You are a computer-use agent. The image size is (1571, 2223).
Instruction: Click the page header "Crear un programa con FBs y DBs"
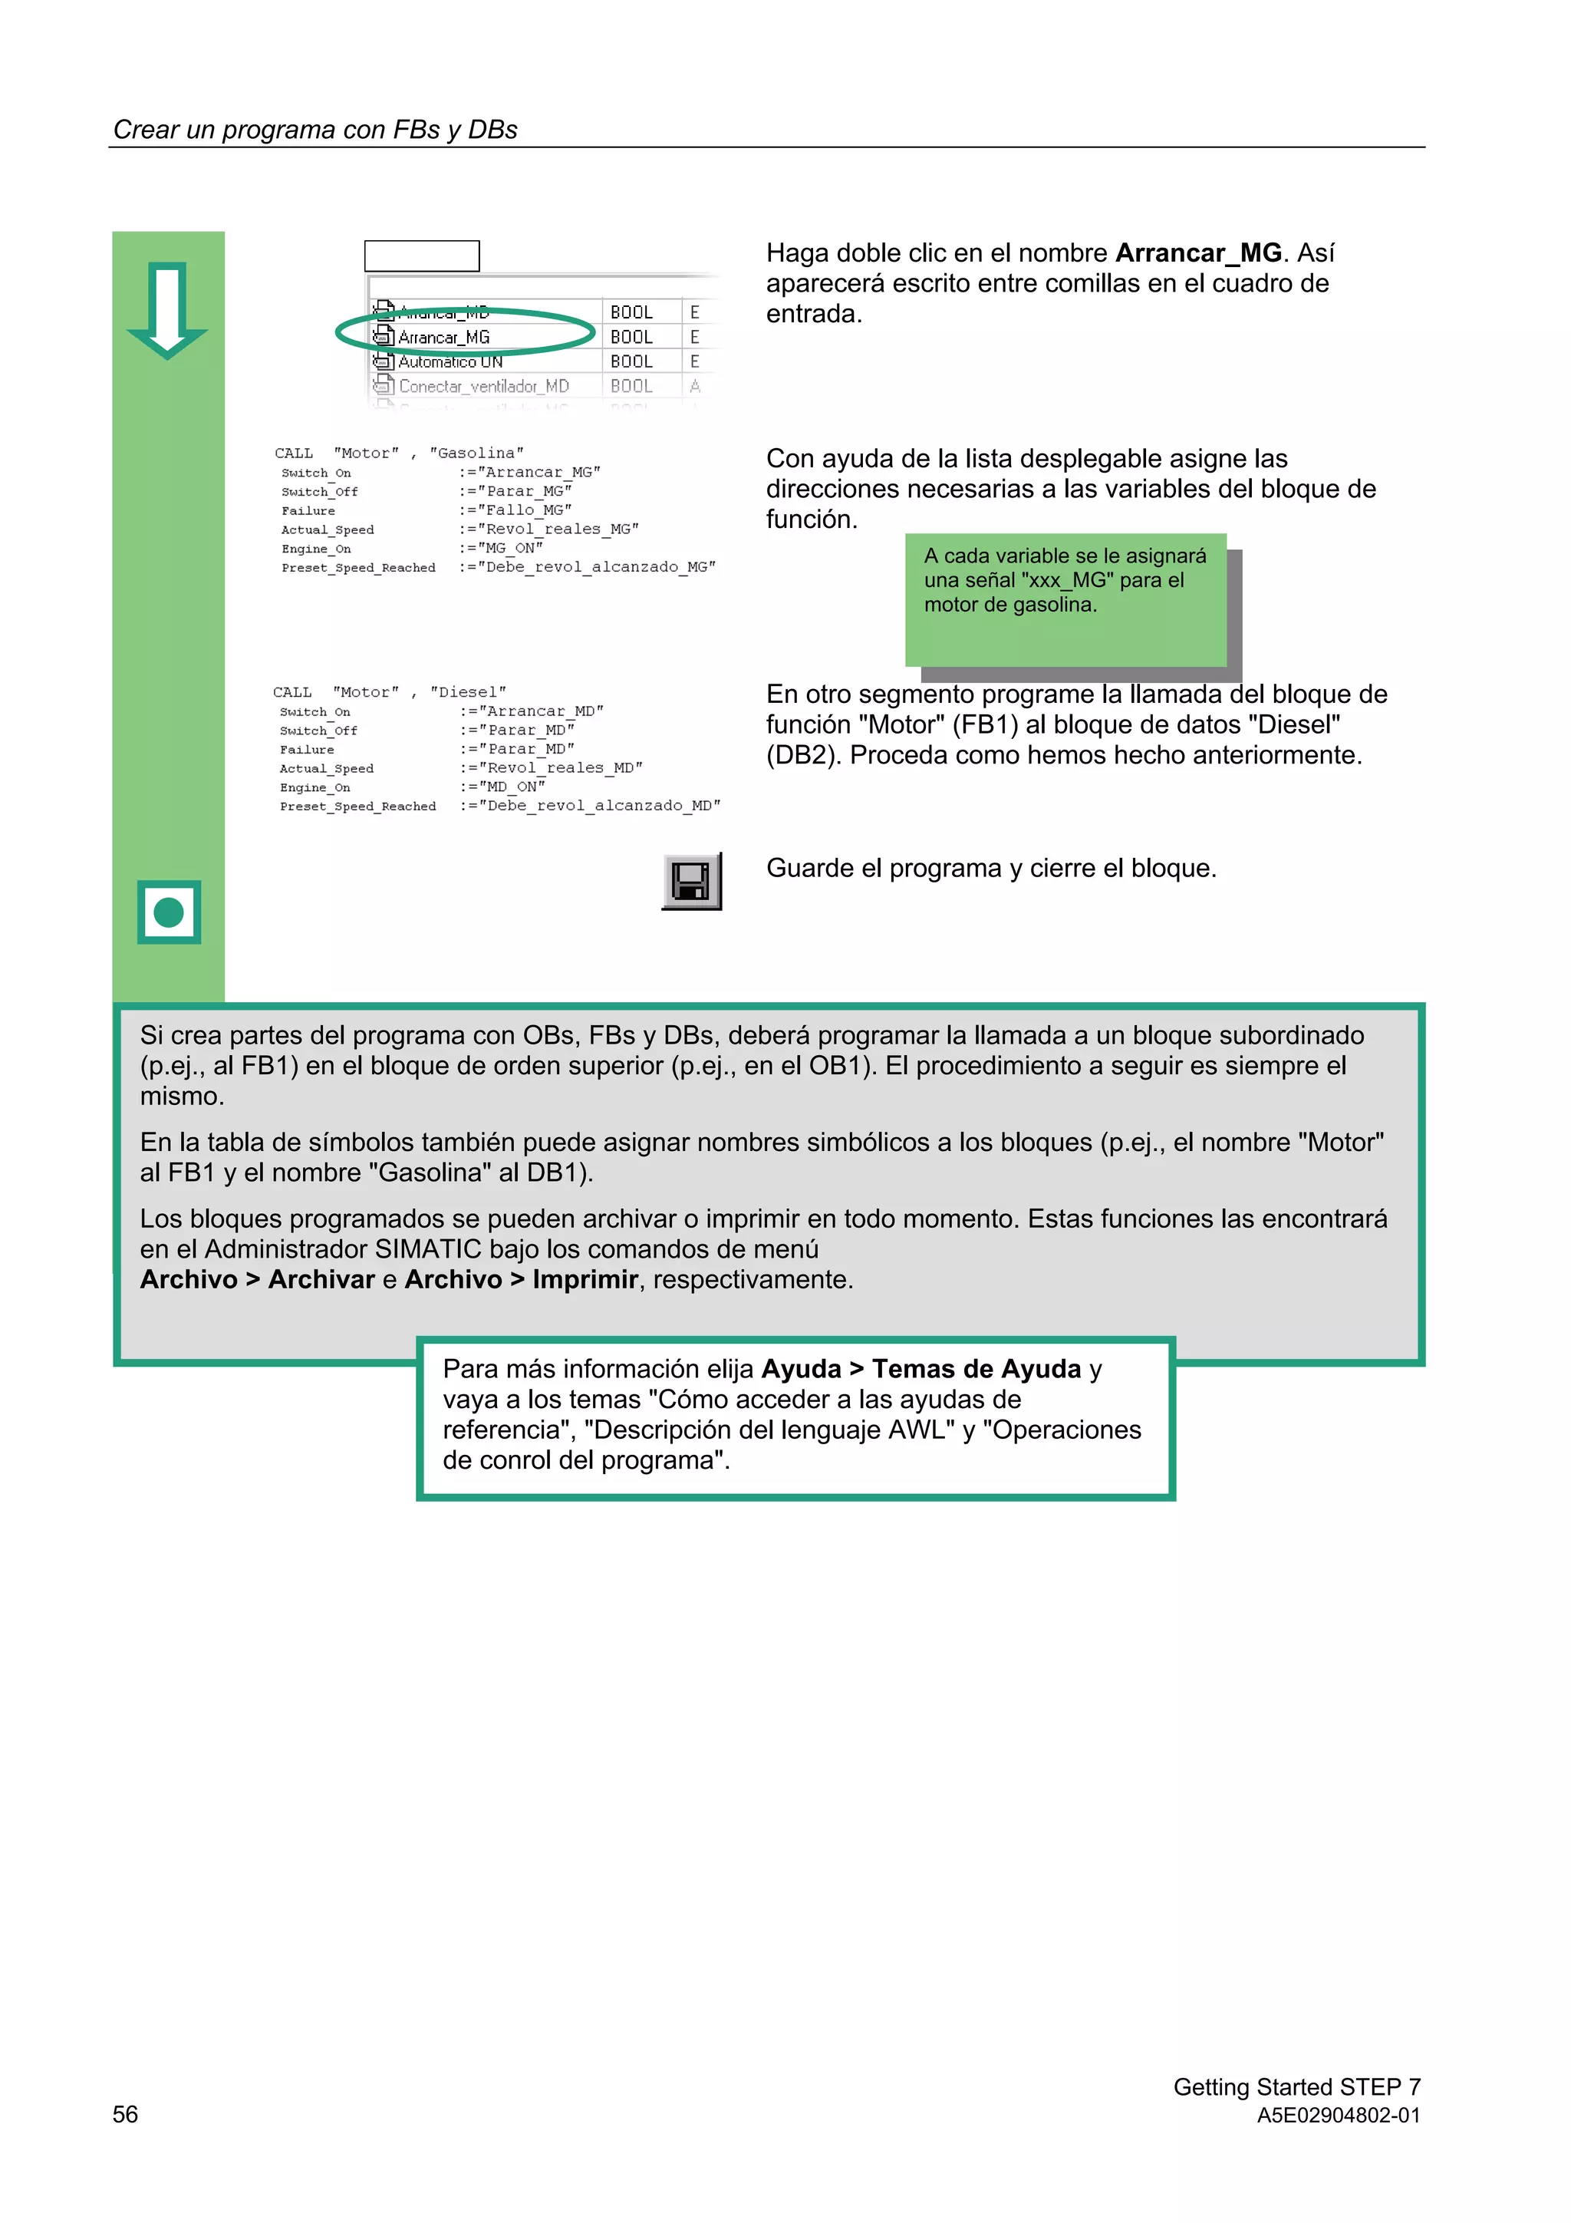click(x=315, y=130)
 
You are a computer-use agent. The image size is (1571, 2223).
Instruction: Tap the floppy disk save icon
click(x=691, y=881)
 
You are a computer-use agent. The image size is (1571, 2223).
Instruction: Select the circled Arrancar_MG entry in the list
click(x=444, y=337)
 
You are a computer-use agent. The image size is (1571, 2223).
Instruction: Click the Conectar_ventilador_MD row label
click(x=483, y=386)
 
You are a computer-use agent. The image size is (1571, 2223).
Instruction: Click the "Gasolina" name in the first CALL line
click(x=476, y=454)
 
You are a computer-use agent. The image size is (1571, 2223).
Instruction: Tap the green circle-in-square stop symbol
click(x=169, y=912)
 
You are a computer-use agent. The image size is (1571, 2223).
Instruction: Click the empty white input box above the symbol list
click(x=421, y=256)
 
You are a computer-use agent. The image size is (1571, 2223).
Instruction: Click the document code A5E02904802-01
click(x=1338, y=2116)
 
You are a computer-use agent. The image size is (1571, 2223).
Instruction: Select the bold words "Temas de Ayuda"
click(x=976, y=1369)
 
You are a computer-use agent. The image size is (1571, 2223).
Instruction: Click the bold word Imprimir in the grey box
click(x=585, y=1280)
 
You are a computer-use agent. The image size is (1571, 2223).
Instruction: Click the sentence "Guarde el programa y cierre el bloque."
click(x=990, y=869)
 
